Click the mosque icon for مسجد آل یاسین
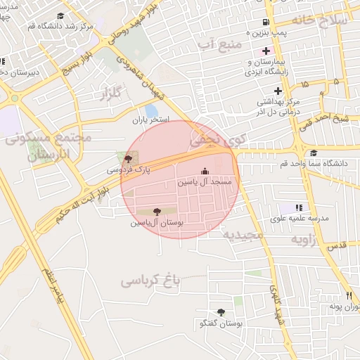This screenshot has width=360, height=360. click(205, 171)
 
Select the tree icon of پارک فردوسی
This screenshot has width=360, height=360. click(127, 159)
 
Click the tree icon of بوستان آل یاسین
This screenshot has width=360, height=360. click(156, 211)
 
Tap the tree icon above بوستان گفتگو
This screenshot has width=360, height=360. click(221, 312)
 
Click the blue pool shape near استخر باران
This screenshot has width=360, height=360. click(151, 110)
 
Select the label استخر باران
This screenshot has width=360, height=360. click(151, 120)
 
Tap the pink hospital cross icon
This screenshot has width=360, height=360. click(265, 51)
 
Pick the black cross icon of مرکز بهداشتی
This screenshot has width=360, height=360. click(278, 90)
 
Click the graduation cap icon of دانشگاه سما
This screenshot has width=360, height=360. click(313, 153)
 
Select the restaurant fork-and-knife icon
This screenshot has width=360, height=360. click(347, 295)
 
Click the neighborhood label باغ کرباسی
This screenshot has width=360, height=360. click(150, 280)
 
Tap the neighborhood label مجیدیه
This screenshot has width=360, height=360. click(243, 233)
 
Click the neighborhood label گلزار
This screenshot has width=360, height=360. click(112, 92)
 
